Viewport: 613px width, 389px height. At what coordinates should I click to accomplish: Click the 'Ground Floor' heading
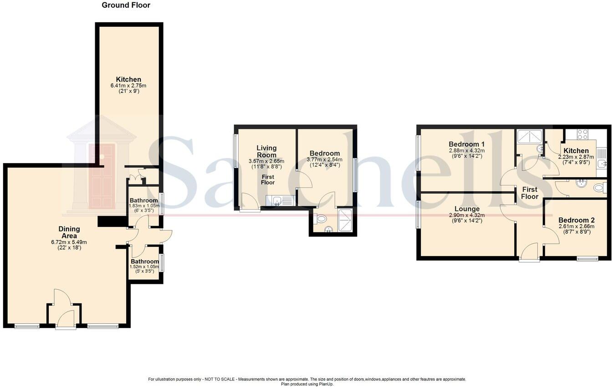point(126,5)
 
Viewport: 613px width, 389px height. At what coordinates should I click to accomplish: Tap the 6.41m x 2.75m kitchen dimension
point(128,86)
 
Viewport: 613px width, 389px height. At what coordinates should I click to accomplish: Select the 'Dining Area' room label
point(69,232)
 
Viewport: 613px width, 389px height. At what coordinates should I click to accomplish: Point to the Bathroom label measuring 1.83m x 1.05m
point(144,200)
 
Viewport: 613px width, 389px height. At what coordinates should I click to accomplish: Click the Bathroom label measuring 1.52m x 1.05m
point(145,261)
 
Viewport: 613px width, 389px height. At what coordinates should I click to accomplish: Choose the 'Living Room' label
point(266,151)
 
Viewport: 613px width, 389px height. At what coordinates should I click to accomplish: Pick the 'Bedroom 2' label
point(576,220)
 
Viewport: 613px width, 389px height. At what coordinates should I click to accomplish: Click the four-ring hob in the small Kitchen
point(582,134)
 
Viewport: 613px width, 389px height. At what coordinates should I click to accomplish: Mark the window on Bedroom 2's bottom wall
point(587,259)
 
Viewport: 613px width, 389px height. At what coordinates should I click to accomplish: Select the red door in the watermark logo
point(102,176)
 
